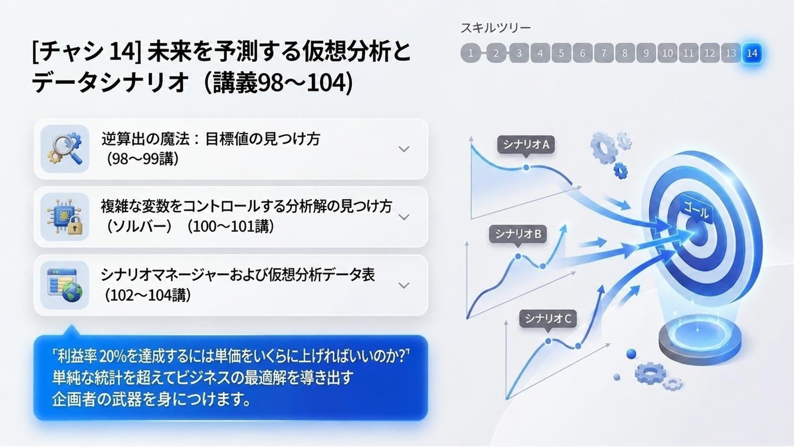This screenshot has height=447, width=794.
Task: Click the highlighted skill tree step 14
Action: point(752,53)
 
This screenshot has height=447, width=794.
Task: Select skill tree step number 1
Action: point(470,53)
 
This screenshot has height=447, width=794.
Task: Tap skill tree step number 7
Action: point(604,53)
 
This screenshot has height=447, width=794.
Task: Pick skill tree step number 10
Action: point(667,53)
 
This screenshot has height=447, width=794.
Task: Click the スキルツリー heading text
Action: point(495,27)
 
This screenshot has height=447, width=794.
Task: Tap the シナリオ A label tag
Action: point(526,144)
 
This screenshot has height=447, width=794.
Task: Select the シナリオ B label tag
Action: point(518,234)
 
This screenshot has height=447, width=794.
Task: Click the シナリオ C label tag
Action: point(548,318)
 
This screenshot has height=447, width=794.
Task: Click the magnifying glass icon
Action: point(65,149)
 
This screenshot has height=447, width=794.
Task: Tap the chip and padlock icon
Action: point(65,217)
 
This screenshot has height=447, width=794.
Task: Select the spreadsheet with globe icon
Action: point(65,285)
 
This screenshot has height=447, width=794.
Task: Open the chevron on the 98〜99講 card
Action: point(404,149)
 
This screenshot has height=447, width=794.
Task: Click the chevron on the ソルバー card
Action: point(404,217)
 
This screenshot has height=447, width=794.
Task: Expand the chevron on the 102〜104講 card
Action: point(404,285)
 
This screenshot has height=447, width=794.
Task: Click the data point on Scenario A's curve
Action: point(526,168)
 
